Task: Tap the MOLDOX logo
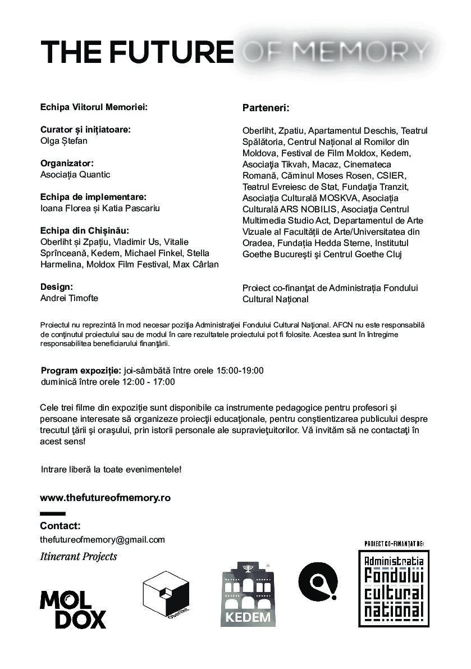click(x=72, y=609)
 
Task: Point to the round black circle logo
click(x=318, y=581)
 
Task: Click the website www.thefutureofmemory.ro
click(x=105, y=498)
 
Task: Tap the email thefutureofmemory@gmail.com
click(x=103, y=540)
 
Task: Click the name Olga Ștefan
click(x=64, y=140)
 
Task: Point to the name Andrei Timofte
click(x=69, y=298)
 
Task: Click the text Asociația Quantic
click(x=75, y=174)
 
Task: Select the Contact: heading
click(x=60, y=526)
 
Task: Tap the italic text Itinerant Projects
click(x=79, y=557)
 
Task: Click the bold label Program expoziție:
click(x=81, y=370)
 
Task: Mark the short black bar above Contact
click(x=53, y=513)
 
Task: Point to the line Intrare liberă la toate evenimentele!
click(x=111, y=468)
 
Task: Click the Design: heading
click(x=57, y=286)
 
